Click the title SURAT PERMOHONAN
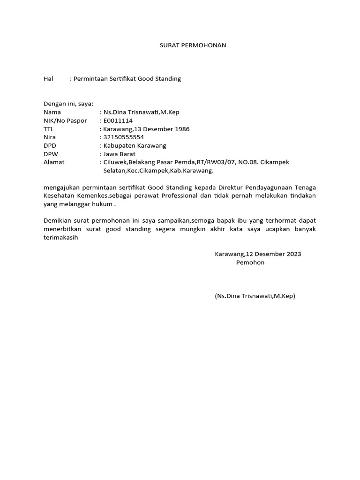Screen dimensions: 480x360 [x=191, y=45]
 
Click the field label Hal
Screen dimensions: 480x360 [x=49, y=79]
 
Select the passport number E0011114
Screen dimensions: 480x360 [x=118, y=120]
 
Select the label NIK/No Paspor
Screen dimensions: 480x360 [x=65, y=120]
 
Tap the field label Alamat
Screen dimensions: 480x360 [x=54, y=162]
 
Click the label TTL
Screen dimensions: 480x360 [x=49, y=129]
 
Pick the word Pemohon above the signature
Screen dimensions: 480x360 [x=250, y=262]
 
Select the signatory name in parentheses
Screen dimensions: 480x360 [x=255, y=296]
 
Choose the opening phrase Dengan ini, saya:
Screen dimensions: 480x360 [x=68, y=104]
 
